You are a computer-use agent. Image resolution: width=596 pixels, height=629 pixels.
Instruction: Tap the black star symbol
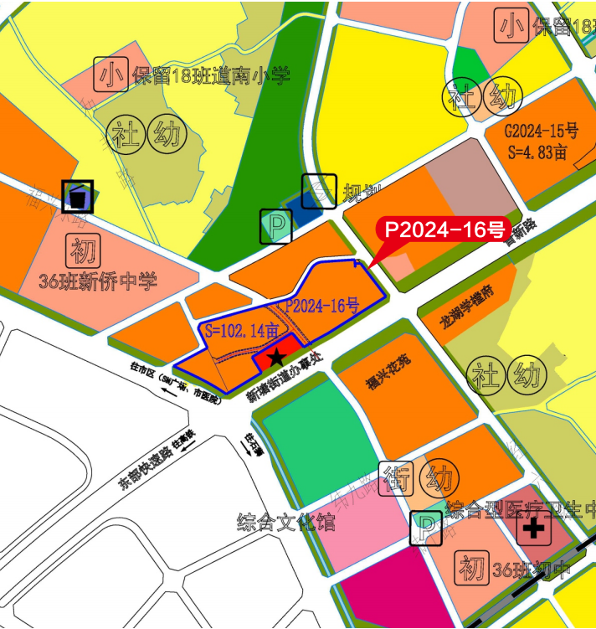pyautogui.click(x=274, y=358)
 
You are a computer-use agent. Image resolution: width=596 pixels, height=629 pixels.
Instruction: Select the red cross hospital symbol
pyautogui.click(x=533, y=528)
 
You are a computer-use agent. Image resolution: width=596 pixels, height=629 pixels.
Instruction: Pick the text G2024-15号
pyautogui.click(x=541, y=131)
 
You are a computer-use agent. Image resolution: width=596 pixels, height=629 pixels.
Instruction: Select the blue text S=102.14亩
pyautogui.click(x=241, y=330)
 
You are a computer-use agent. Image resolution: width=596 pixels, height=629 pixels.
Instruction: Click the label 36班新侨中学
pyautogui.click(x=98, y=281)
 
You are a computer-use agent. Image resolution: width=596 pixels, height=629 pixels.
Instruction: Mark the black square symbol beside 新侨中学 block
pyautogui.click(x=78, y=198)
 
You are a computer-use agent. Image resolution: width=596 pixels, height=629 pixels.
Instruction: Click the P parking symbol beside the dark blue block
pyautogui.click(x=275, y=226)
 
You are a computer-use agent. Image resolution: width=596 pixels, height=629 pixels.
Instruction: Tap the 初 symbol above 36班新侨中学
pyautogui.click(x=83, y=250)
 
